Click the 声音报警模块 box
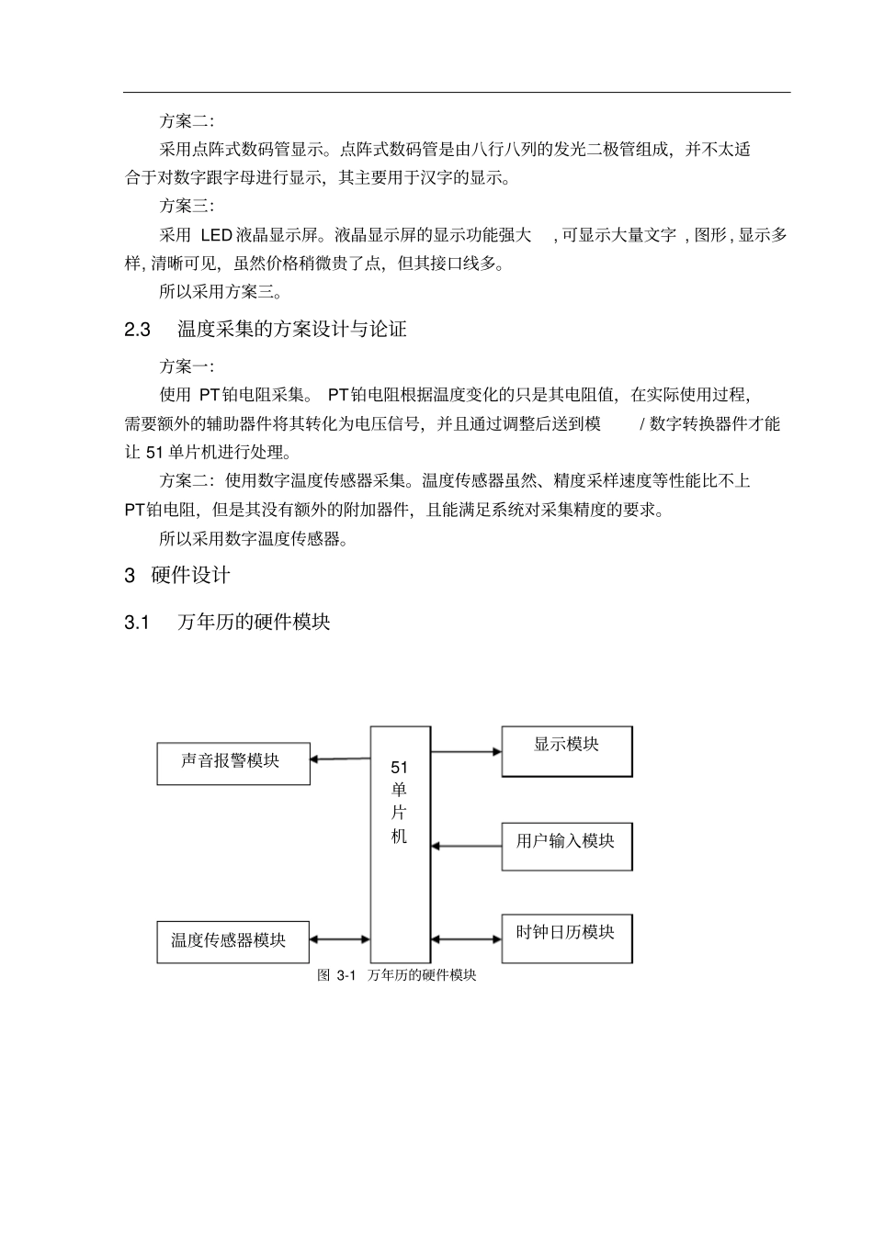click(233, 764)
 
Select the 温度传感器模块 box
click(233, 942)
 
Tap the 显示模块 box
click(567, 751)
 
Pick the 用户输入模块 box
click(567, 846)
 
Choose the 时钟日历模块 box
click(567, 938)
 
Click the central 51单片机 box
click(400, 844)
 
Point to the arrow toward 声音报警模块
click(340, 759)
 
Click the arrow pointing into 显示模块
click(466, 752)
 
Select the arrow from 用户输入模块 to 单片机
click(466, 845)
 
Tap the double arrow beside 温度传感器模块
click(340, 939)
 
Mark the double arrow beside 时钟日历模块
click(466, 938)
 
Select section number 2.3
click(138, 330)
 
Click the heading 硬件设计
click(190, 576)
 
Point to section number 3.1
click(137, 623)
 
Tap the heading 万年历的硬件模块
click(254, 623)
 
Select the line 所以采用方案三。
click(221, 293)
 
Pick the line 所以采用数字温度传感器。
click(254, 539)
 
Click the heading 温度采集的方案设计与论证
click(292, 330)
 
